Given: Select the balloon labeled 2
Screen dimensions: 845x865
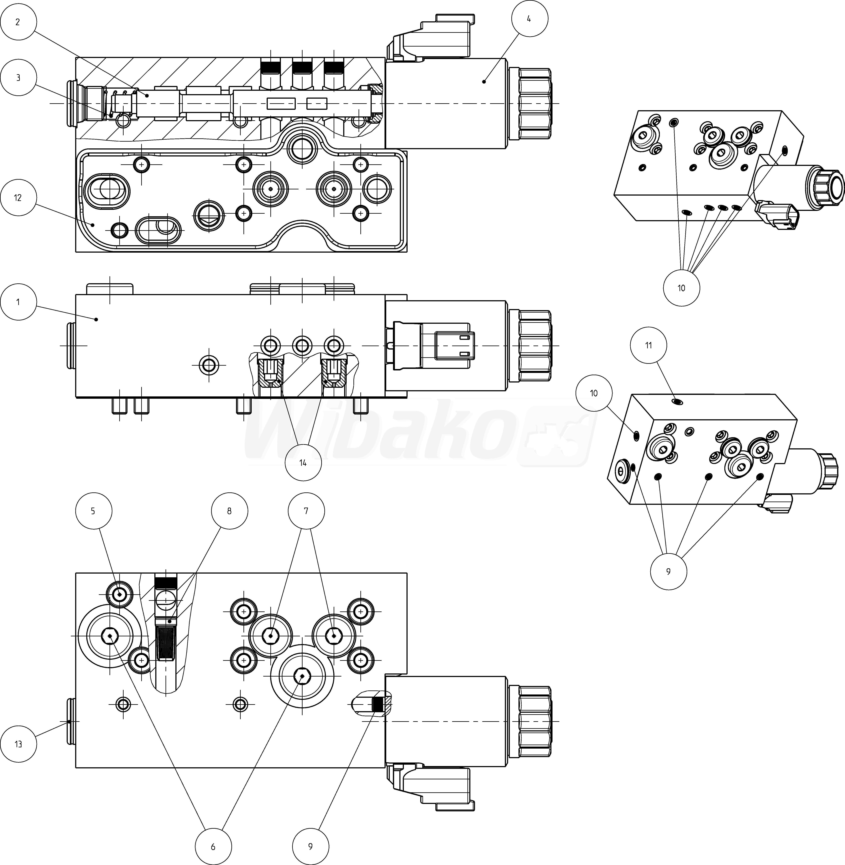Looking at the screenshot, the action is coord(18,22).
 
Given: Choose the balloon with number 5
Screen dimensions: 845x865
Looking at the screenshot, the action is coord(93,511).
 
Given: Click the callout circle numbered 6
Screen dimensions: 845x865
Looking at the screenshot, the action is coord(213,846).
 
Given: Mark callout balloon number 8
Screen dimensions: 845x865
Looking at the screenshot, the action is coord(229,511).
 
